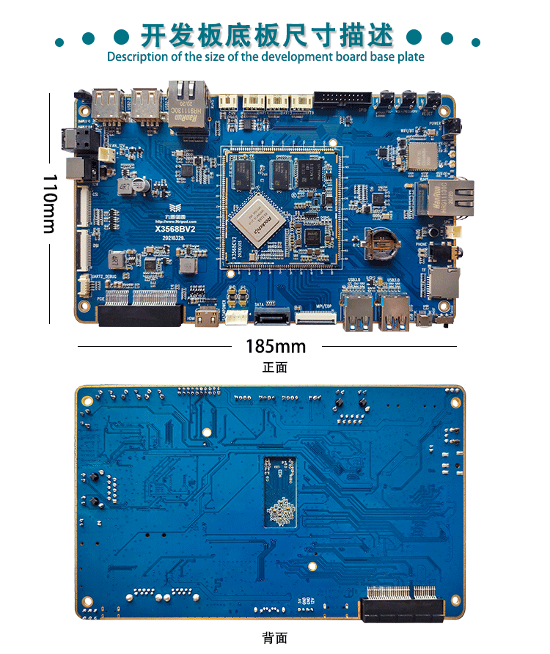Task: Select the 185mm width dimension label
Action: [275, 345]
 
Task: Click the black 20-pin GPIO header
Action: [343, 98]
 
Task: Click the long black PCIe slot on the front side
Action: [139, 315]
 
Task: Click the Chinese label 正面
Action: [275, 367]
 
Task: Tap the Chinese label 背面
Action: [275, 639]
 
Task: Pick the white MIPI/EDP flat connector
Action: [315, 317]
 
